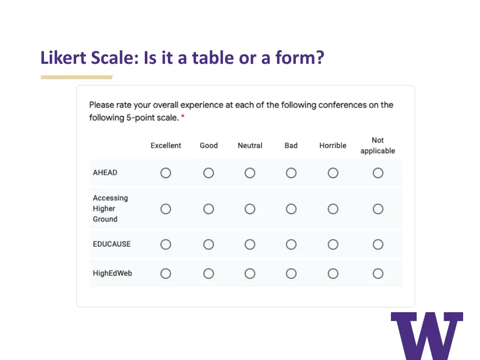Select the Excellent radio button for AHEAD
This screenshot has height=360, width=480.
(x=166, y=173)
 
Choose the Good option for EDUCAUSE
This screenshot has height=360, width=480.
(x=209, y=244)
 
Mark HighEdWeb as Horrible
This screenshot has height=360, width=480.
(x=333, y=273)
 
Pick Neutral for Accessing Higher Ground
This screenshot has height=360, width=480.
(x=250, y=209)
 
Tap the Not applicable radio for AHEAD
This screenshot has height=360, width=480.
(x=378, y=173)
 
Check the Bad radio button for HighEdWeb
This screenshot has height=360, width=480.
(x=291, y=273)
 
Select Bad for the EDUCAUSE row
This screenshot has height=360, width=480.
(x=291, y=244)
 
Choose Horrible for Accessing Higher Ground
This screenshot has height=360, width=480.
(x=333, y=209)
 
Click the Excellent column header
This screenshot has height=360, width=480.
(x=166, y=146)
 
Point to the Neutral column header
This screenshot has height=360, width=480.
(x=250, y=146)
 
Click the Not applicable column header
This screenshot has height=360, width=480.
(x=378, y=146)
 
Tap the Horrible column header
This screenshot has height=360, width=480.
(x=333, y=146)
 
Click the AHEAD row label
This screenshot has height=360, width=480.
(x=105, y=172)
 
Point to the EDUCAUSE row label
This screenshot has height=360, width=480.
(x=112, y=244)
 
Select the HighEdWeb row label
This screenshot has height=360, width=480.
(x=112, y=273)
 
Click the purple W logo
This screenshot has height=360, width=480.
(x=427, y=336)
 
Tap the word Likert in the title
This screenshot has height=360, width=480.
(x=63, y=58)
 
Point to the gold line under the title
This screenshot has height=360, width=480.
(x=76, y=77)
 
